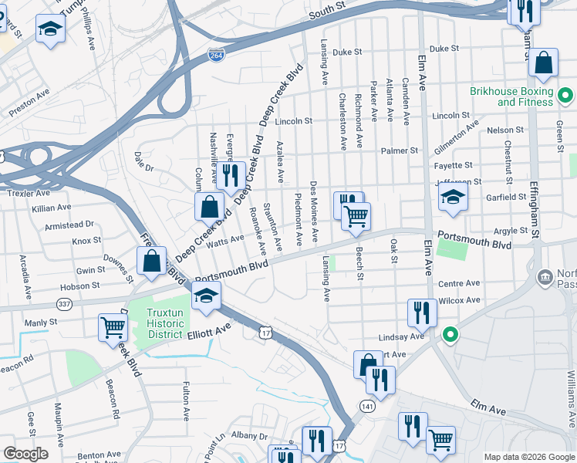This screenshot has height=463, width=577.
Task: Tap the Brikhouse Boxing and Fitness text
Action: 511,96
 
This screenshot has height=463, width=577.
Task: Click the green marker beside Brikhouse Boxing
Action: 565,96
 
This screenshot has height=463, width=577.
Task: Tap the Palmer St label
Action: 403,151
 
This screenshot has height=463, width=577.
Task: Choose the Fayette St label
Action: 455,166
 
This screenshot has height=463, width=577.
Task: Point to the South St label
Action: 325,15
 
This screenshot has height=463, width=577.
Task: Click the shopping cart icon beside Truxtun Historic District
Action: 113,327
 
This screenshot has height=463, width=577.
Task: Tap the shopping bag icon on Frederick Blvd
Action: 152,261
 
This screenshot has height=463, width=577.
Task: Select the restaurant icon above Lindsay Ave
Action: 422,312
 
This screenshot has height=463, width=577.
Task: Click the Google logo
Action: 25,454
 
